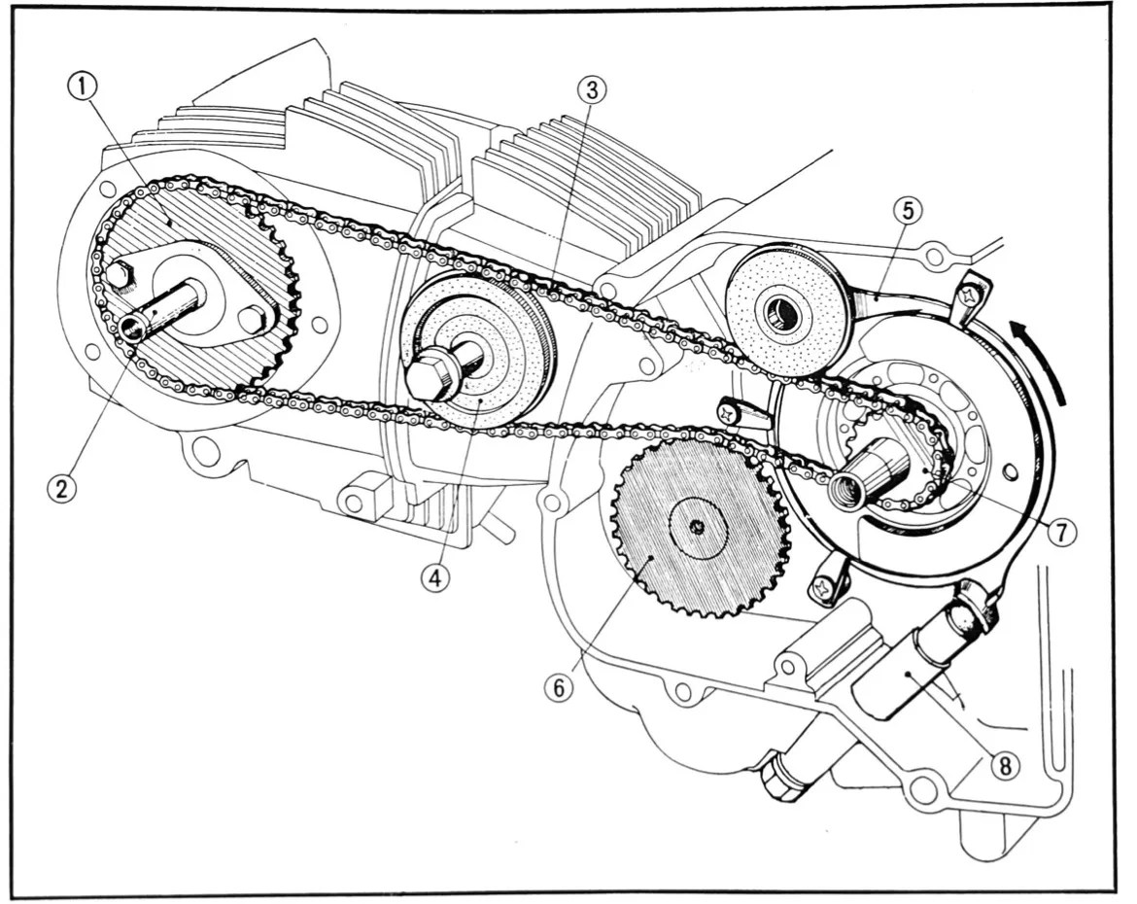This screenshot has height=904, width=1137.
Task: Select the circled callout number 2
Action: point(61,488)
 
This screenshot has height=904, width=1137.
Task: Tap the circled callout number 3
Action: point(591,89)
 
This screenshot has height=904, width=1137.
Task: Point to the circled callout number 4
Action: point(434,576)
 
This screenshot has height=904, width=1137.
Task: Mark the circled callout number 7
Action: point(1062,532)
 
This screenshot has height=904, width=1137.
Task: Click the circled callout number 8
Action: point(1005,765)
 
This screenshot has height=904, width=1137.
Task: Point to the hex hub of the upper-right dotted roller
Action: point(780,312)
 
